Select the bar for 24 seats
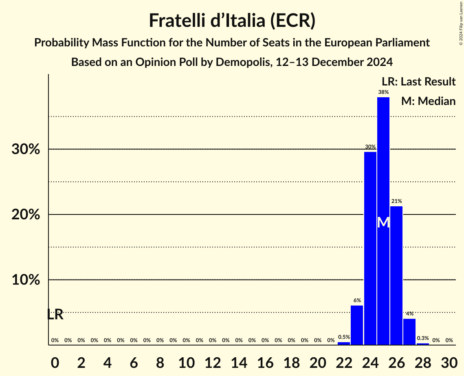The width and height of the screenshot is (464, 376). tap(370, 248)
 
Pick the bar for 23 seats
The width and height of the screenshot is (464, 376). tap(357, 325)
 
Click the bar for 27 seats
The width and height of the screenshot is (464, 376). tap(409, 332)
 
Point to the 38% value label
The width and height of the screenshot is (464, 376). tap(383, 92)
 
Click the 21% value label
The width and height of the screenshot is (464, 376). tap(396, 201)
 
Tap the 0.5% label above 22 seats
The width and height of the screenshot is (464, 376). tap(344, 337)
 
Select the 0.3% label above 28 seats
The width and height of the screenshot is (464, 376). tap(422, 338)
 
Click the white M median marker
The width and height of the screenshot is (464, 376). tap(383, 222)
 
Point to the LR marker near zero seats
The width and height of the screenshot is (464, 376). tap(55, 315)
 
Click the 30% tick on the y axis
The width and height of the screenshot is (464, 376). tap(26, 149)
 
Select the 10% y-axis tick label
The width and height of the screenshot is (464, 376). tap(26, 280)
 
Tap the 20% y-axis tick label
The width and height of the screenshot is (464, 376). tap(26, 215)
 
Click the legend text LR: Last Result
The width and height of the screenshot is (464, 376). tap(418, 81)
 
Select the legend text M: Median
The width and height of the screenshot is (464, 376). tap(428, 101)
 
